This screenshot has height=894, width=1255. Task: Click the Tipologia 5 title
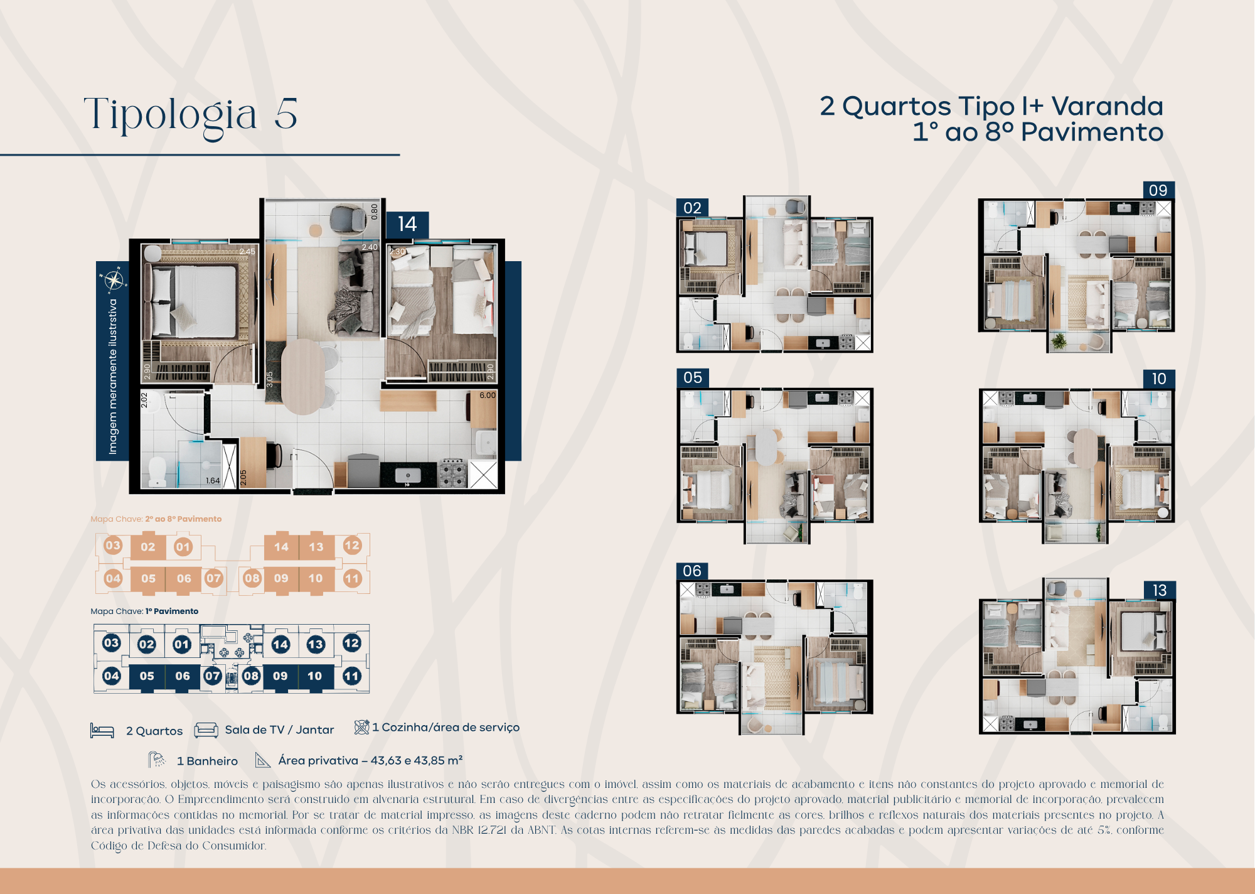191,115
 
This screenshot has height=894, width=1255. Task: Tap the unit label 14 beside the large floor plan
407,224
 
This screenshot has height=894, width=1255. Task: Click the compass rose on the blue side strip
114,280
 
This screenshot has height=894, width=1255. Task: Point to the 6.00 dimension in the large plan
487,396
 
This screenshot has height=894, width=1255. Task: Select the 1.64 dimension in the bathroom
213,481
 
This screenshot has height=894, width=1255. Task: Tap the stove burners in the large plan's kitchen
452,474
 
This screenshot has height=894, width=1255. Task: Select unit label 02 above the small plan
692,208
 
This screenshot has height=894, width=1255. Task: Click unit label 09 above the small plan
1158,190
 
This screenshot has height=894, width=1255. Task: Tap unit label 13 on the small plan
1159,590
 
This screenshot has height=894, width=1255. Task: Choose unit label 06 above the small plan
692,571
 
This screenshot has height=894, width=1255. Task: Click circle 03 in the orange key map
113,545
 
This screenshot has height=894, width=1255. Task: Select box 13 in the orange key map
316,547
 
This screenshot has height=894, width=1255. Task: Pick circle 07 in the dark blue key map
213,676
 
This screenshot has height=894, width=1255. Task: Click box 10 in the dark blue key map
315,676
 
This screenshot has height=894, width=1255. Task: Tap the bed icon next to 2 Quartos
102,731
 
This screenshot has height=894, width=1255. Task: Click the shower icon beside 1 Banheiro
157,760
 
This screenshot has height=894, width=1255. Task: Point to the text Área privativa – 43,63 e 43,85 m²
370,760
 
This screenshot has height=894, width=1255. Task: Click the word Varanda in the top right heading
1107,106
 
